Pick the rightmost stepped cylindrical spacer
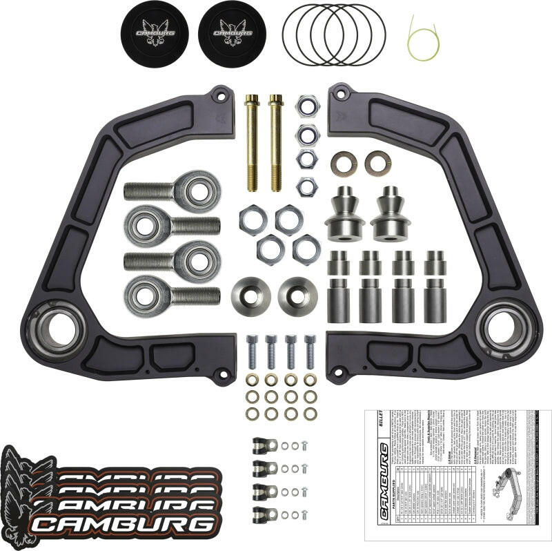(x=435, y=287)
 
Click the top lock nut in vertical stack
(x=307, y=106)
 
